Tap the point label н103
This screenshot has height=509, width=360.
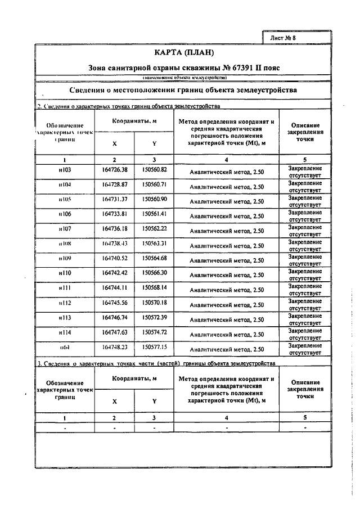click(65, 169)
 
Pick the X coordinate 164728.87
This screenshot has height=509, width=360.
click(115, 184)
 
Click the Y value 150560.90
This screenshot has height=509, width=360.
click(155, 199)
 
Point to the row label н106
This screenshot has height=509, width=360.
click(65, 214)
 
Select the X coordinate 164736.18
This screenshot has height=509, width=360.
click(115, 229)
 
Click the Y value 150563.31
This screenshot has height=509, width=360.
click(155, 244)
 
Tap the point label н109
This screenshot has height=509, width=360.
click(65, 258)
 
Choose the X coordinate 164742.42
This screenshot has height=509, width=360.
click(115, 273)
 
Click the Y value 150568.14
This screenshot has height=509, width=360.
click(155, 287)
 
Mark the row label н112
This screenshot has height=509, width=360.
click(65, 303)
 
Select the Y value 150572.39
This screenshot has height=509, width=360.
click(155, 317)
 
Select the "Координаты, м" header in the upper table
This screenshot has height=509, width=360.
click(134, 121)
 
